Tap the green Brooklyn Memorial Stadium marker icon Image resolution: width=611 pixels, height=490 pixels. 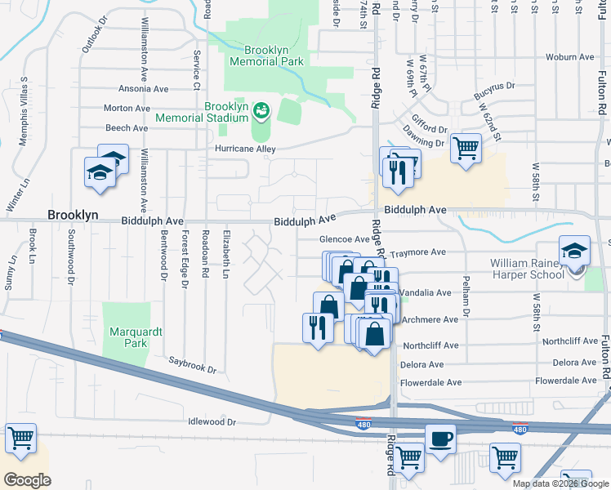(x=261, y=109)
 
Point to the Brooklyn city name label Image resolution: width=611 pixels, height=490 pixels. (x=73, y=215)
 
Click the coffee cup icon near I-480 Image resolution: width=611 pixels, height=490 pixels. (x=440, y=439)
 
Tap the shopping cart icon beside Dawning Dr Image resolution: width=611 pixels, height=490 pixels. (x=465, y=149)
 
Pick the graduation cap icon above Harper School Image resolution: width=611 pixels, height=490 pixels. (x=574, y=251)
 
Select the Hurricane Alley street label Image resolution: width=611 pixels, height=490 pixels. (x=245, y=149)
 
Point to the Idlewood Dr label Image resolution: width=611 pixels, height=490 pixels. (x=211, y=422)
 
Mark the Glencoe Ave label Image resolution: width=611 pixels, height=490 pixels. (x=344, y=239)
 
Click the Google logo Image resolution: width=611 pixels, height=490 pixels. (x=27, y=480)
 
